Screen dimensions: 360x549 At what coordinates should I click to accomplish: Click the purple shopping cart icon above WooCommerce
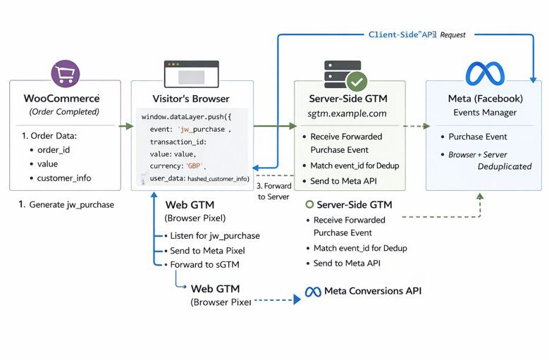pos(66,73)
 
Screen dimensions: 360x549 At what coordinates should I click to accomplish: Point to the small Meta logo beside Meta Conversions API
pos(313,292)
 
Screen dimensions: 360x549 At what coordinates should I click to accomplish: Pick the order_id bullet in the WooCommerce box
pos(54,149)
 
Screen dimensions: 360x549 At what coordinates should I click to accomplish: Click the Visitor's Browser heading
pos(191,99)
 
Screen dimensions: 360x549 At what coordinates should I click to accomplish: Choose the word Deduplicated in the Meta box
pos(505,166)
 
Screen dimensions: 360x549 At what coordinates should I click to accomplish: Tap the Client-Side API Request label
pos(417,34)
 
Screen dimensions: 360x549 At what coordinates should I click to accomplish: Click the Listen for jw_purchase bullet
pos(214,235)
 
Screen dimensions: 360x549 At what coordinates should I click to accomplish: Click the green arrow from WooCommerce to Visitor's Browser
pos(125,127)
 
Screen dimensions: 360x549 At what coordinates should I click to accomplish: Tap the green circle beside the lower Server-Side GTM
pos(309,204)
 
